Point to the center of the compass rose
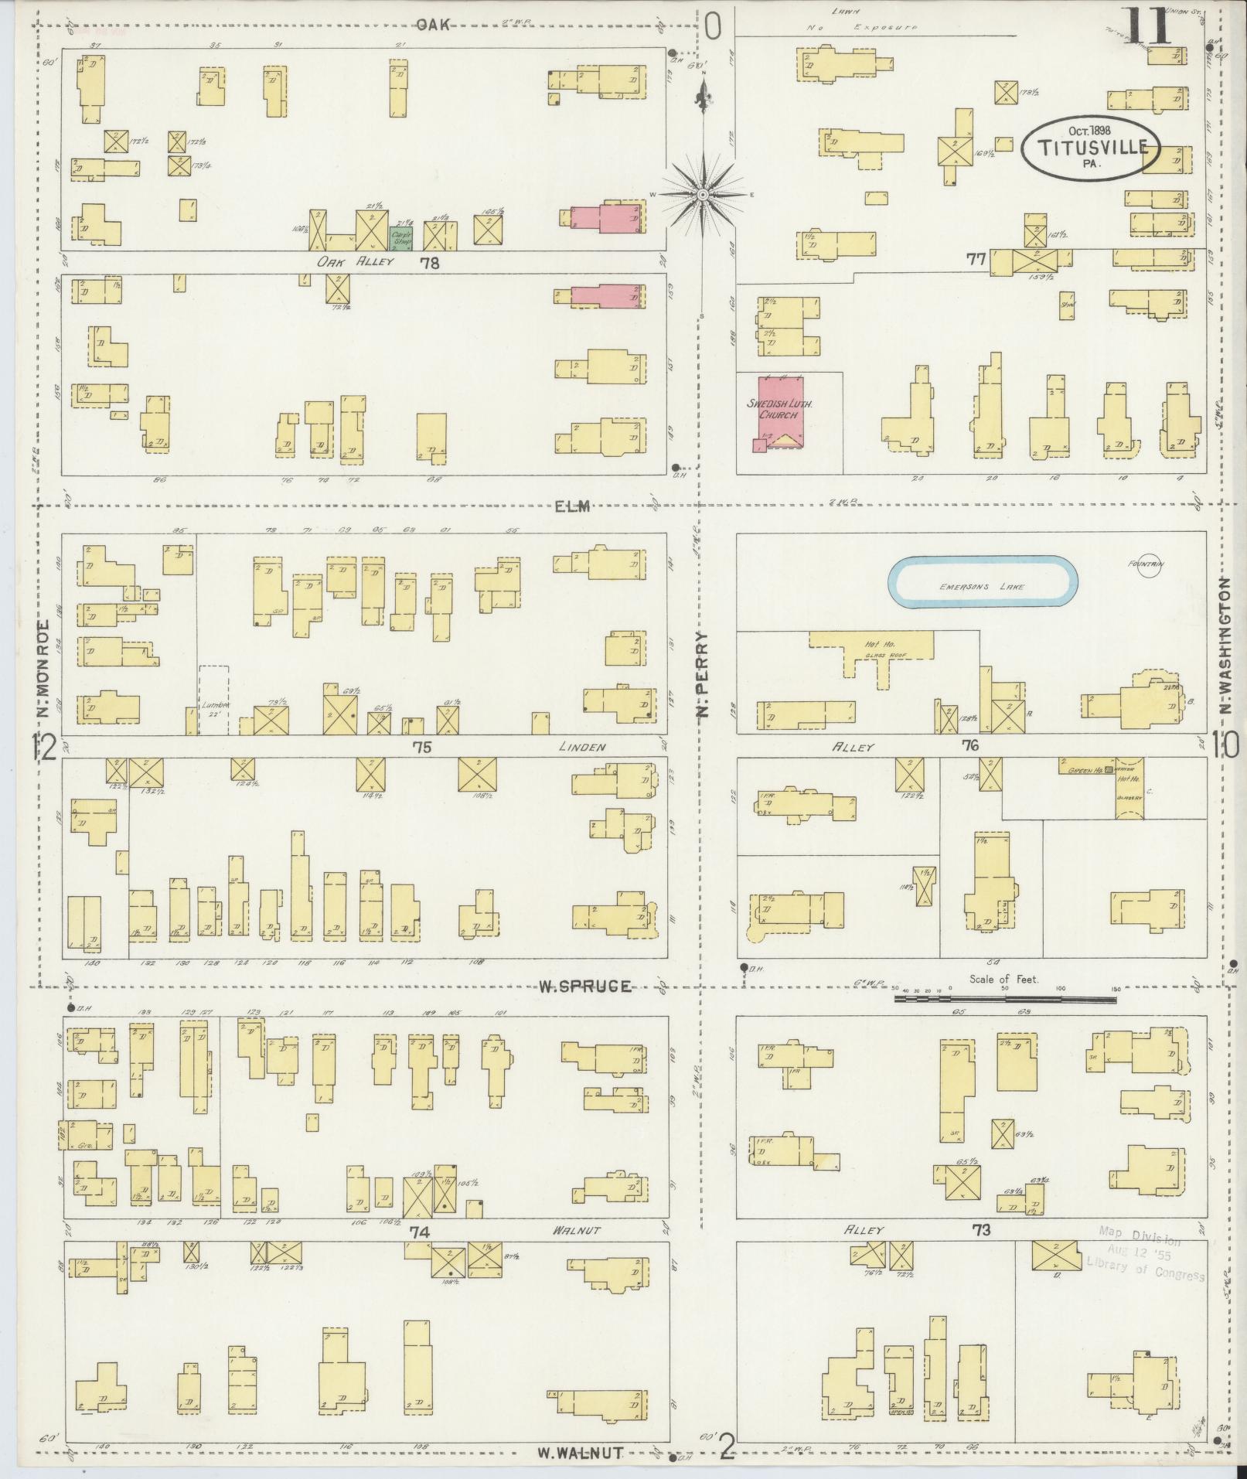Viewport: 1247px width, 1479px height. click(x=702, y=194)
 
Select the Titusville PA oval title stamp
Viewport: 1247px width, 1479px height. click(x=1090, y=148)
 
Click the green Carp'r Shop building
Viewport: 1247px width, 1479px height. click(x=400, y=237)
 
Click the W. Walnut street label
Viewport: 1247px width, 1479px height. click(x=580, y=1452)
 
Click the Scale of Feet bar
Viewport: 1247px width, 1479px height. click(x=1005, y=999)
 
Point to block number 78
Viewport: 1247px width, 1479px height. click(x=429, y=263)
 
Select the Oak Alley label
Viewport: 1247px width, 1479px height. click(x=356, y=262)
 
